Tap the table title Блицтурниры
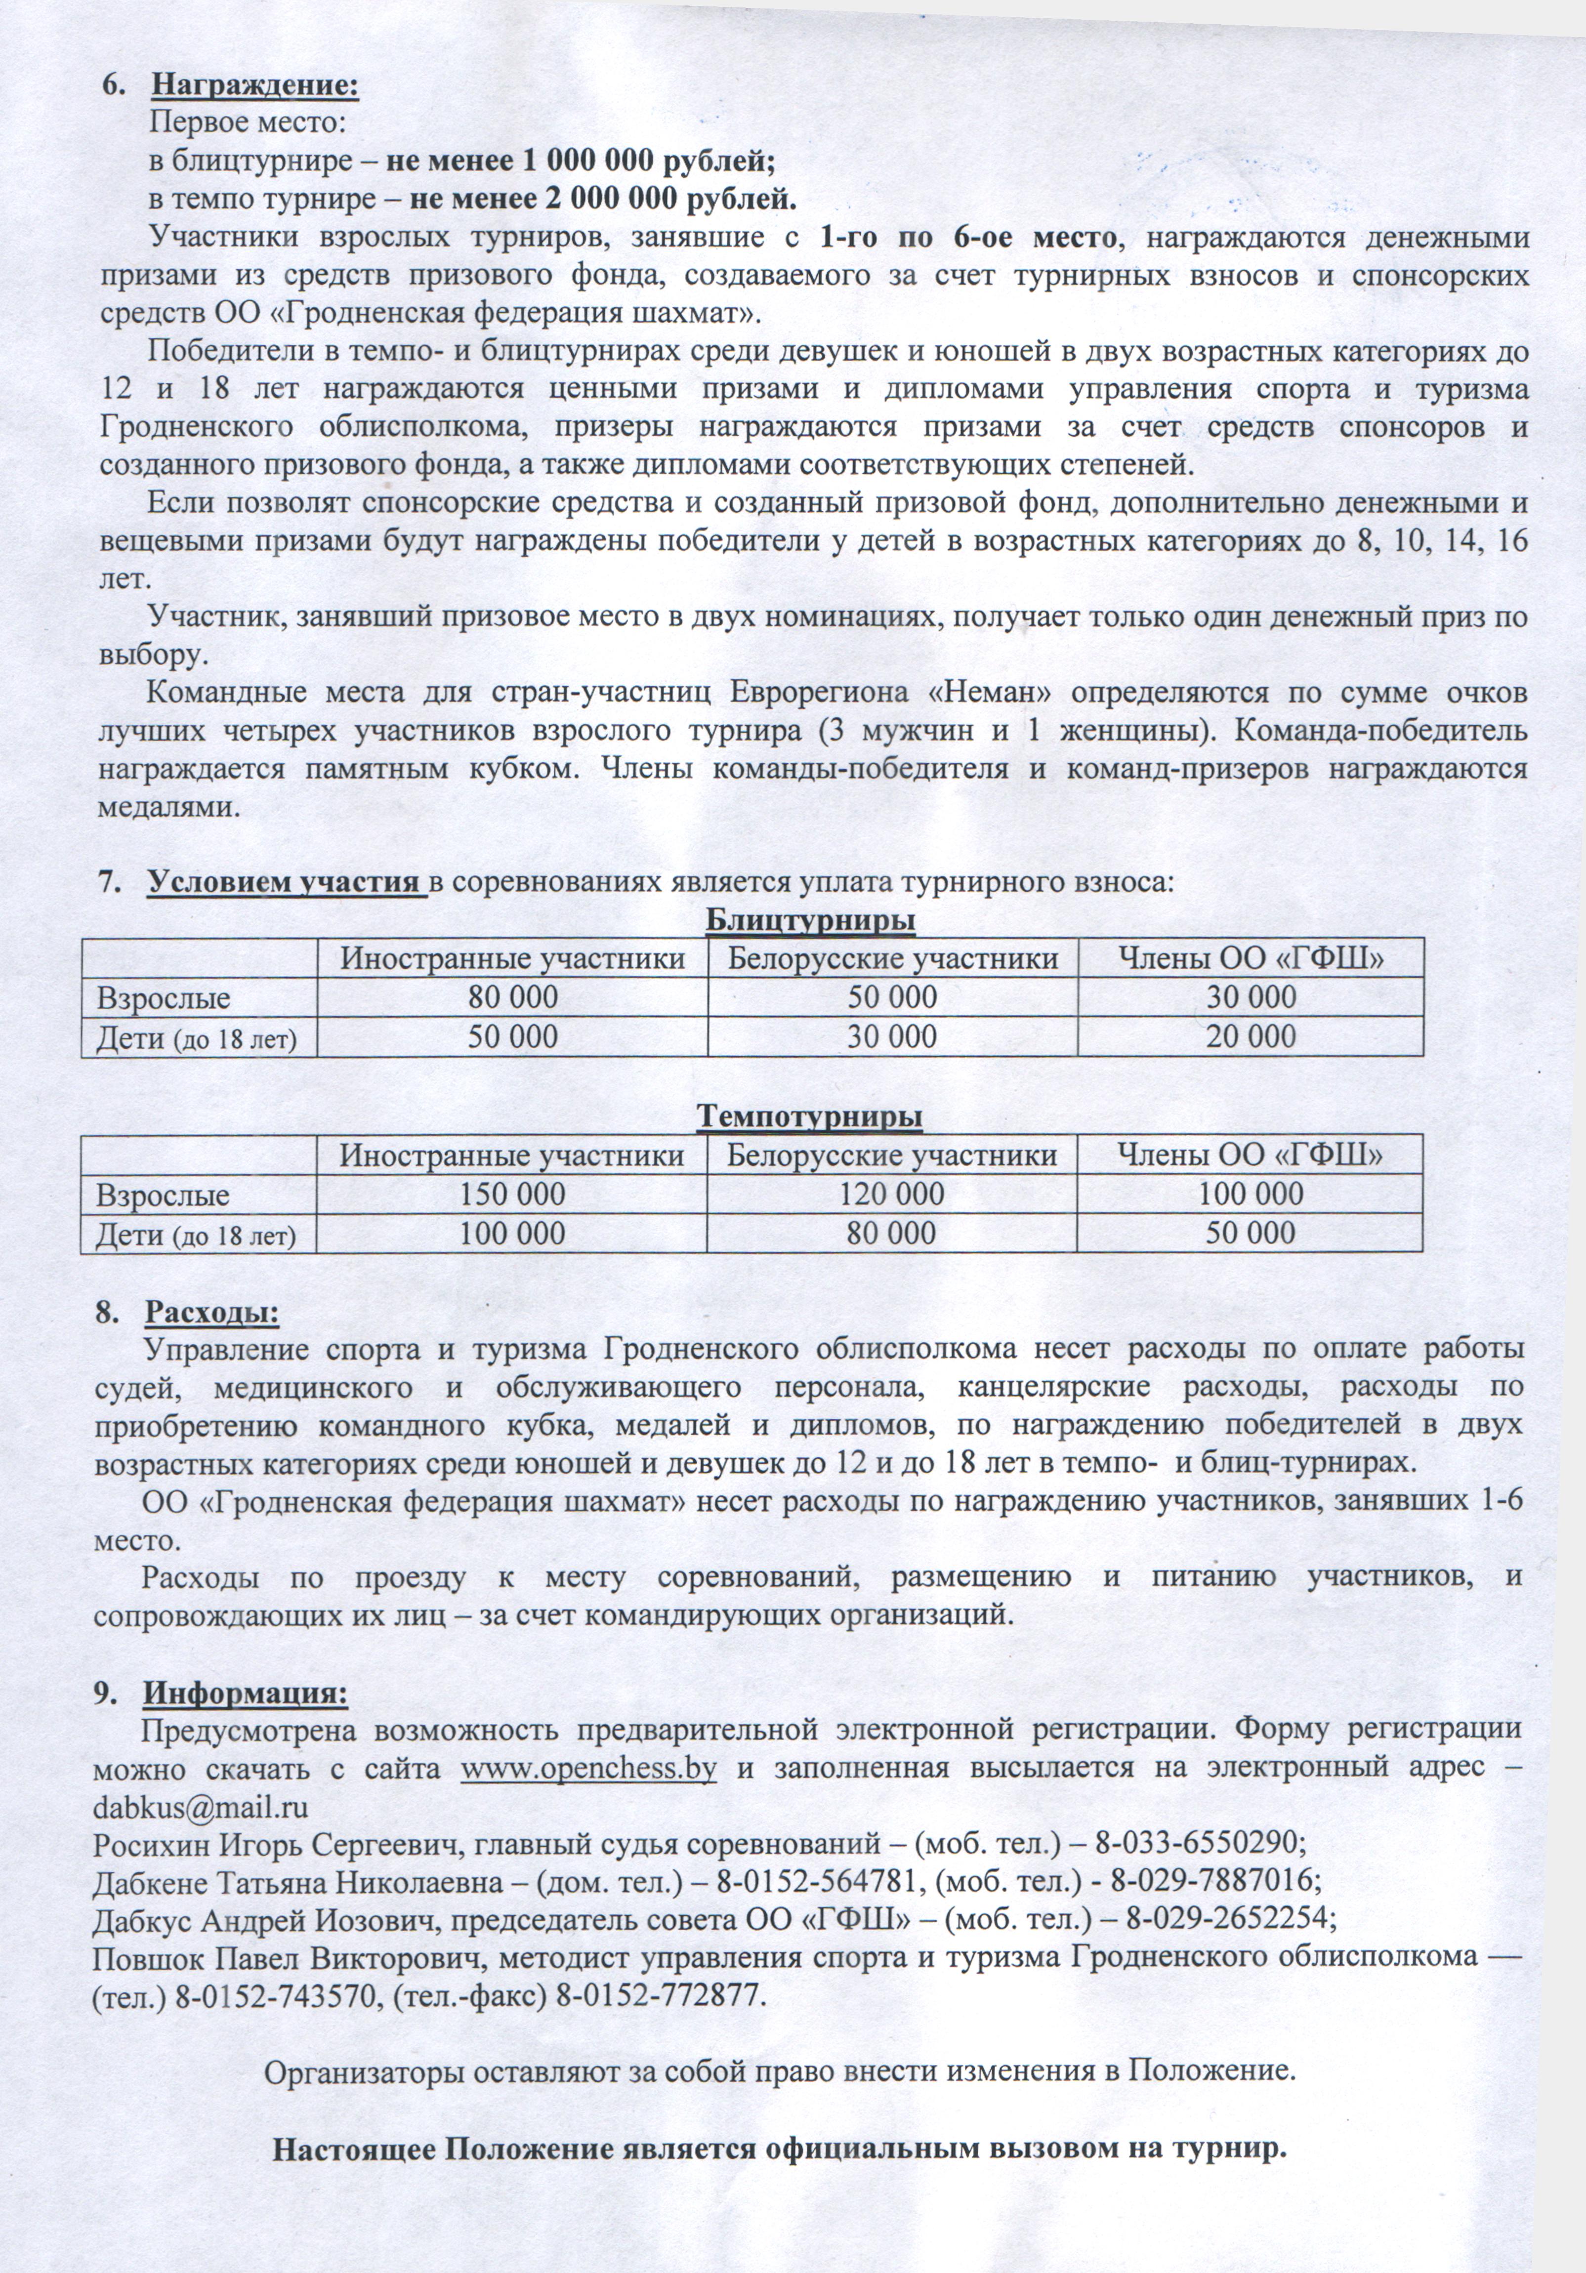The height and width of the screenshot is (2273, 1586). coord(810,921)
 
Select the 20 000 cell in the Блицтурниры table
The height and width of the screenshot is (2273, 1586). coord(1251,1036)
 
